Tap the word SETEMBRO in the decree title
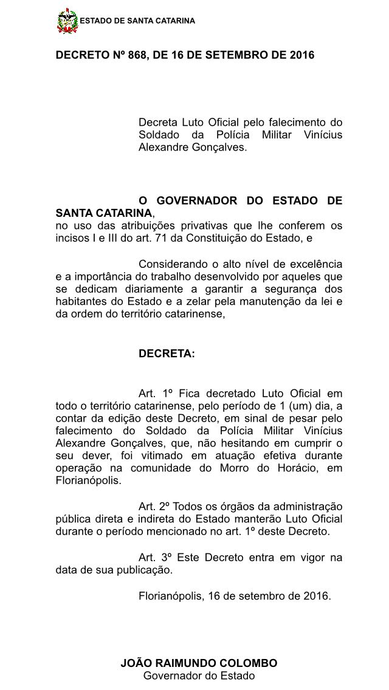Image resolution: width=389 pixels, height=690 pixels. click(233, 55)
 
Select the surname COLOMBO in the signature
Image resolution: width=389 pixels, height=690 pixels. click(249, 663)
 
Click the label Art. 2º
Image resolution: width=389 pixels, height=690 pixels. click(154, 507)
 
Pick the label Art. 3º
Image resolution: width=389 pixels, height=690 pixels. click(154, 558)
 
